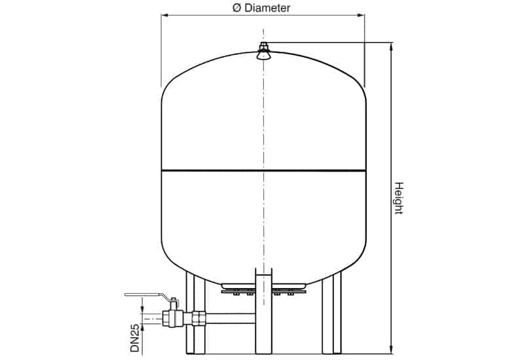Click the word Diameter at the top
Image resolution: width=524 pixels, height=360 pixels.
pyautogui.click(x=267, y=8)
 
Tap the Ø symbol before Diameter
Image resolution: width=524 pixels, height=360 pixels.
pyautogui.click(x=237, y=8)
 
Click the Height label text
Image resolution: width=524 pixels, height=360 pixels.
pyautogui.click(x=399, y=198)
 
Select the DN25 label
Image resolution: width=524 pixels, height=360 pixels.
pyautogui.click(x=135, y=338)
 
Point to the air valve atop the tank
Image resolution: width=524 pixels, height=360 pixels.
pyautogui.click(x=263, y=51)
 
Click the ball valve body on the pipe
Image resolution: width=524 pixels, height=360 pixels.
pyautogui.click(x=172, y=318)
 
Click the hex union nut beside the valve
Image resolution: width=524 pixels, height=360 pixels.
pyautogui.click(x=198, y=318)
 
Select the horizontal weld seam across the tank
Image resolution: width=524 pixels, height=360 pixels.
pyautogui.click(x=264, y=171)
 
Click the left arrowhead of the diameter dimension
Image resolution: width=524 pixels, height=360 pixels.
pyautogui.click(x=165, y=15)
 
